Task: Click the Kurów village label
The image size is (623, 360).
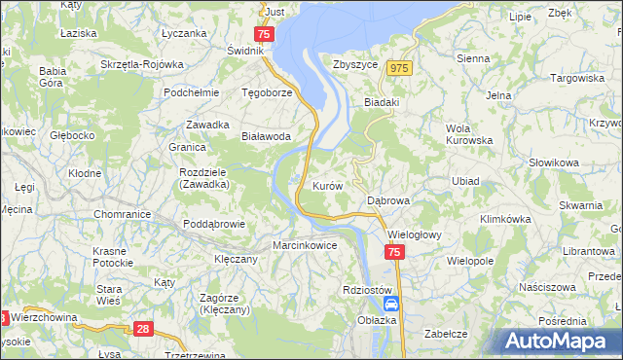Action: (x=326, y=185)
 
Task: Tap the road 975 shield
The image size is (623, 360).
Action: (x=399, y=68)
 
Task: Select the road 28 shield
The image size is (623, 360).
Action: (x=143, y=330)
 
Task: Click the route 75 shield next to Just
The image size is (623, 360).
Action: (x=268, y=32)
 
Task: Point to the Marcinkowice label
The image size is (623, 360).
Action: (x=305, y=245)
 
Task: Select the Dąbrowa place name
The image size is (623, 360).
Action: (x=388, y=200)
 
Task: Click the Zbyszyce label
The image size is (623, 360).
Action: (x=354, y=65)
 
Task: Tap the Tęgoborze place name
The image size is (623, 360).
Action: (x=267, y=93)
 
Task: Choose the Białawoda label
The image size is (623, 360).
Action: (x=267, y=137)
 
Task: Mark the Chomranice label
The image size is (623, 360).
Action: (x=121, y=214)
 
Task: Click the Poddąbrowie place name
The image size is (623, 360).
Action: (x=218, y=224)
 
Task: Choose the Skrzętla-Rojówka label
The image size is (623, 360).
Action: (x=142, y=65)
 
